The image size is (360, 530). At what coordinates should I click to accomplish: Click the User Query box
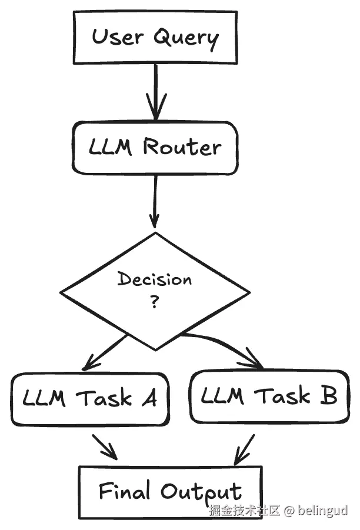click(155, 37)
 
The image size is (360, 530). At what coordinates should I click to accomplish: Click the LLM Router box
click(155, 148)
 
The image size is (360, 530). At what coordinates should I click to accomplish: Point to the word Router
click(182, 147)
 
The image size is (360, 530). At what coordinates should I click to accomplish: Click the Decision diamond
click(155, 291)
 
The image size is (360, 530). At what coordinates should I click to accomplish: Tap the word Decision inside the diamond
click(155, 279)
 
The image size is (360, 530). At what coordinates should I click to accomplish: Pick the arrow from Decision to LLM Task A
click(106, 353)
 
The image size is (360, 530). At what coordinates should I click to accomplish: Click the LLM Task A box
click(90, 399)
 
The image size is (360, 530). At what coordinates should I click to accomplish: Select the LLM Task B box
click(269, 396)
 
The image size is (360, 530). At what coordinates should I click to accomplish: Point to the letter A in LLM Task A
click(149, 399)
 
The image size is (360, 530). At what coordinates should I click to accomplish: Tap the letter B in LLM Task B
click(328, 396)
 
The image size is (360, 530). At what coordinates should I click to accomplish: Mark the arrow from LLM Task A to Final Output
click(104, 448)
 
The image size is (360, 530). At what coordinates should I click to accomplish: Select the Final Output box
click(169, 492)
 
